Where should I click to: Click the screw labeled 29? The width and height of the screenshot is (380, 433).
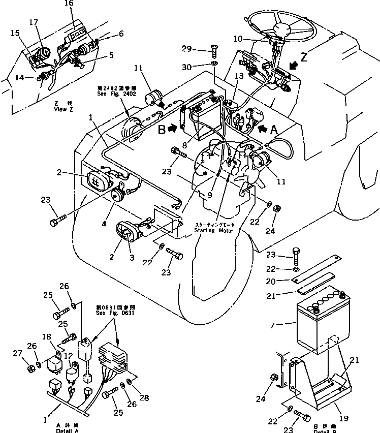[x=214, y=51]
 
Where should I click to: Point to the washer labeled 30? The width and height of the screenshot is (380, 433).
[x=214, y=64]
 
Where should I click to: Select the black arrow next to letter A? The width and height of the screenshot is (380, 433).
[x=263, y=129]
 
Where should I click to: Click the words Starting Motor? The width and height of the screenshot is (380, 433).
[x=213, y=230]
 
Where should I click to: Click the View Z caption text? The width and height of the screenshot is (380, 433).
[x=64, y=106]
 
